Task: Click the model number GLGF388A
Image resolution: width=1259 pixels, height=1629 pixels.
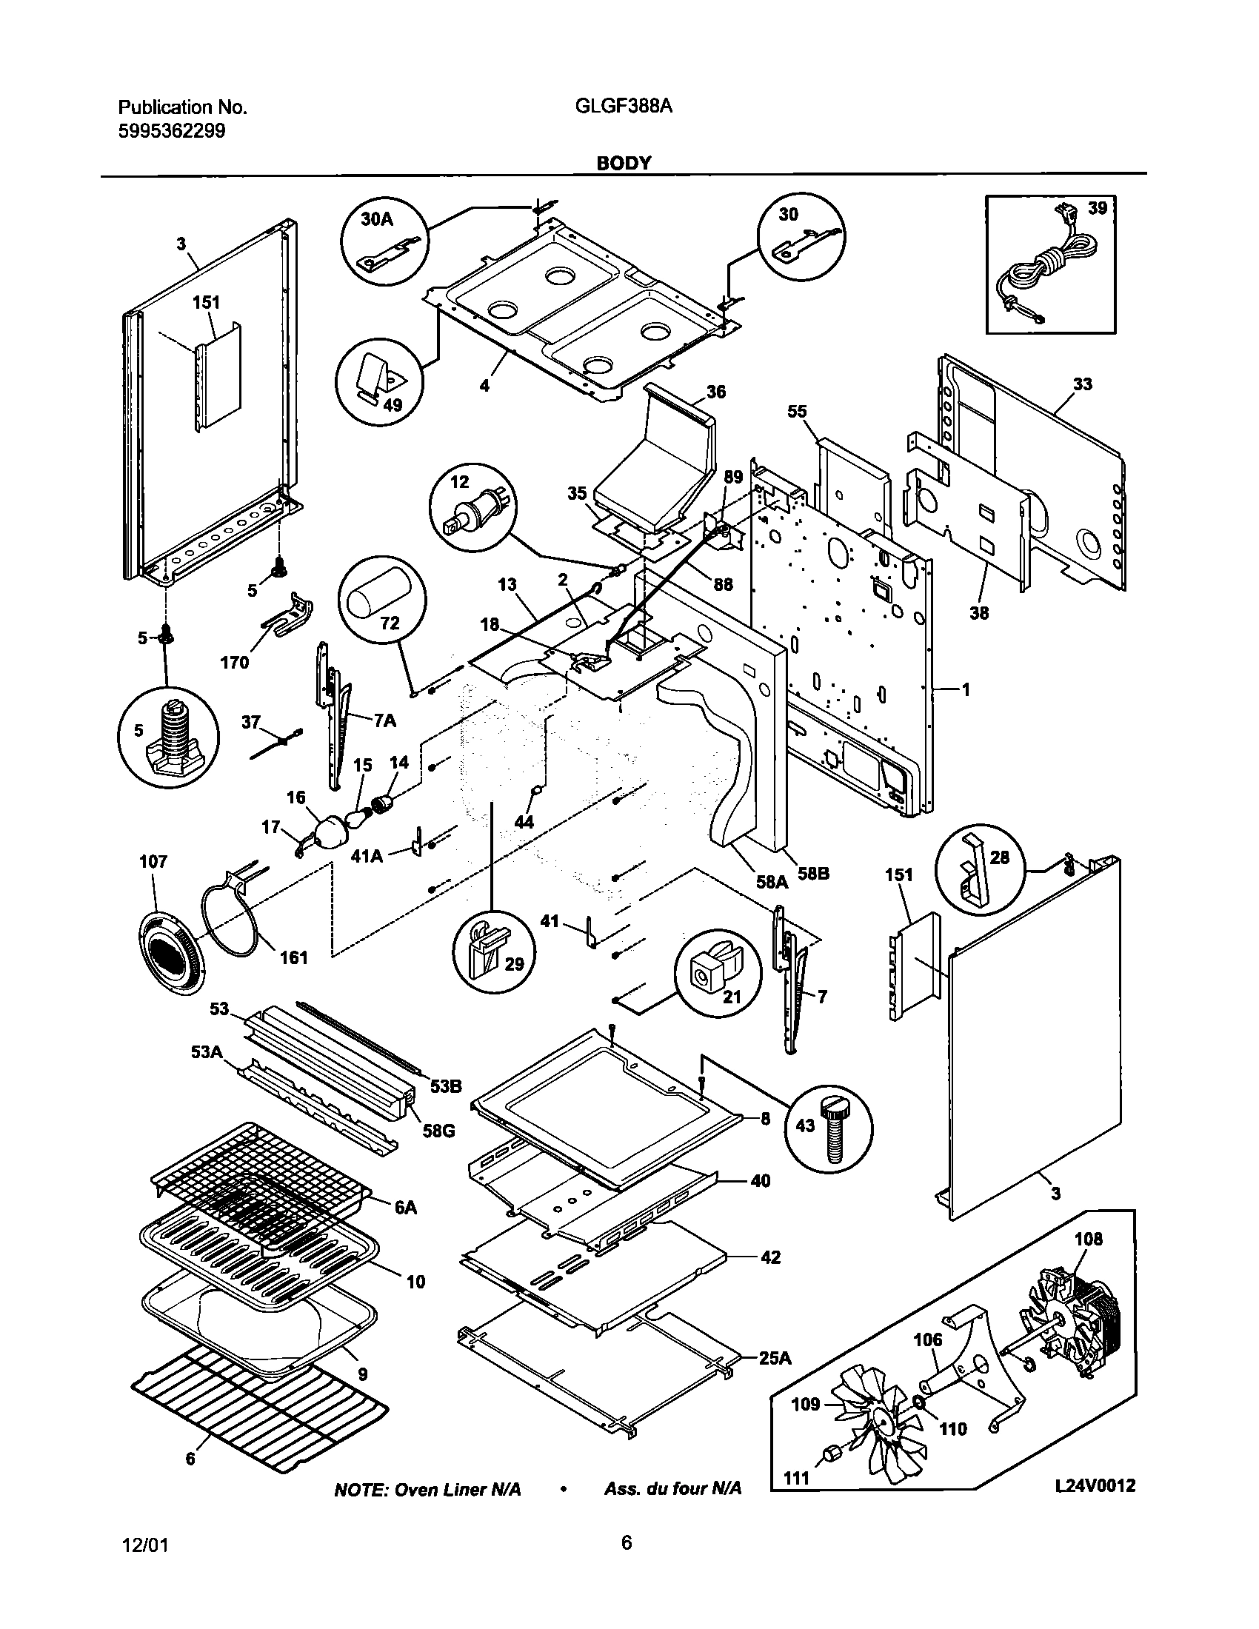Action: (624, 107)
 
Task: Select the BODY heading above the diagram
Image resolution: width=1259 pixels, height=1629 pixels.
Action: (624, 163)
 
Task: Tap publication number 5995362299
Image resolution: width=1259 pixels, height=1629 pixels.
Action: (172, 131)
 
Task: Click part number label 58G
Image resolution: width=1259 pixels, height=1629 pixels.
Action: (438, 1131)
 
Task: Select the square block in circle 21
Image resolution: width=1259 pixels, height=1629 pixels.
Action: (705, 974)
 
